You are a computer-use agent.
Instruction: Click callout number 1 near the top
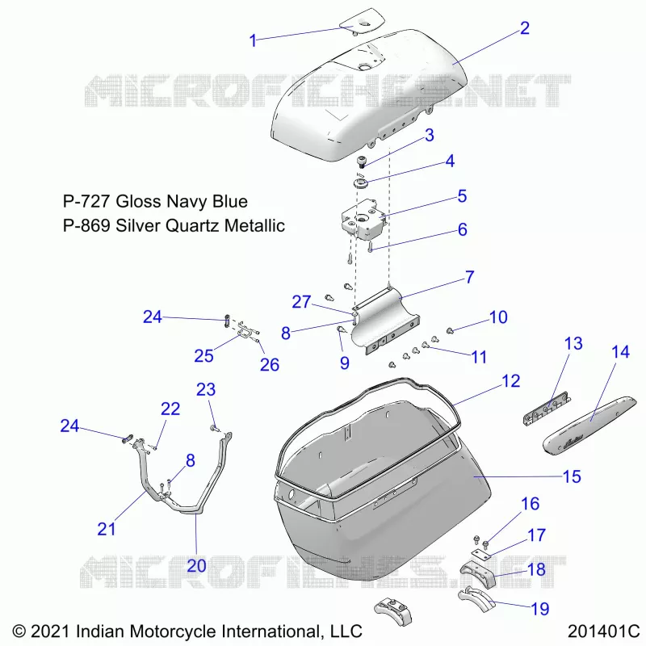point(253,40)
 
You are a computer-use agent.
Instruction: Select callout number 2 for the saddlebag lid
point(524,28)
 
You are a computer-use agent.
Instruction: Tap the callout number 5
point(462,196)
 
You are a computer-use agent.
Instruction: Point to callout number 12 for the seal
point(511,381)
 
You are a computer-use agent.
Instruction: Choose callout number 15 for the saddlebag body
point(572,476)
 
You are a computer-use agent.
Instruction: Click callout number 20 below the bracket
point(196,566)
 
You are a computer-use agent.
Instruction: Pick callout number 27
point(301,302)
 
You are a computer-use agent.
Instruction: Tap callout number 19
point(540,609)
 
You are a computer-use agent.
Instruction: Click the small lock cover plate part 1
point(362,19)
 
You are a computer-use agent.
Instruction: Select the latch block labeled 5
point(364,219)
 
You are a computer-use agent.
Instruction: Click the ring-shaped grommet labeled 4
point(360,183)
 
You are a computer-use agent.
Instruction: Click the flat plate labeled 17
point(480,554)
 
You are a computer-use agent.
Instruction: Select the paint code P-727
point(86,201)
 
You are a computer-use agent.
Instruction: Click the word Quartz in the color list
point(193,226)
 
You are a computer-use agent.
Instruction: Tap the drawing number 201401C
point(602,631)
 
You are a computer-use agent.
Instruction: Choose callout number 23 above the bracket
point(206,389)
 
